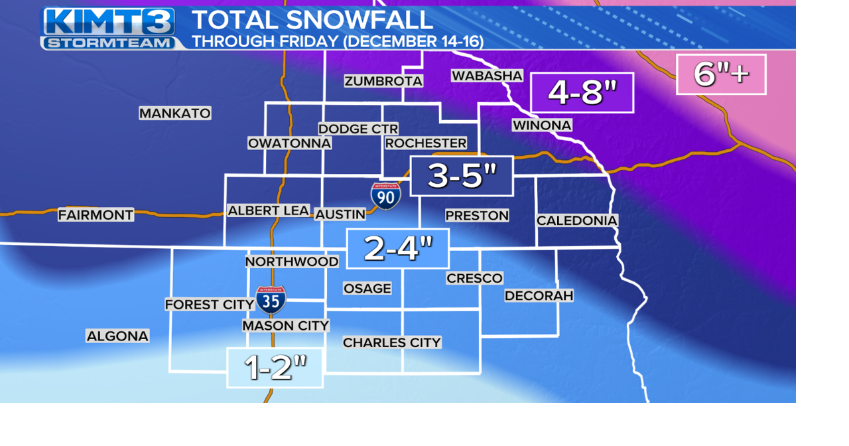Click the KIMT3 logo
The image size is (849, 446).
click(109, 29)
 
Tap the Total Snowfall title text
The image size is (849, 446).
click(312, 20)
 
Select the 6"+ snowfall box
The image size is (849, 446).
click(721, 74)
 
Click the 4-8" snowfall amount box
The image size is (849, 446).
click(582, 93)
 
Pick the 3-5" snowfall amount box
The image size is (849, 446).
click(462, 176)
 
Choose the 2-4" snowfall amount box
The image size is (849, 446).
click(398, 249)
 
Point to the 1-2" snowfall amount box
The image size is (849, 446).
click(275, 368)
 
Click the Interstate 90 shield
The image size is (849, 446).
click(385, 196)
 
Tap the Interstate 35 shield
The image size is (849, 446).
click(271, 300)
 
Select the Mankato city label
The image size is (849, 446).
click(175, 113)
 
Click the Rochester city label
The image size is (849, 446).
click(426, 143)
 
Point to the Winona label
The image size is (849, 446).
click(542, 125)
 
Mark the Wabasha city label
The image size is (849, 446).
click(487, 76)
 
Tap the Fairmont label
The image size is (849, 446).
click(96, 215)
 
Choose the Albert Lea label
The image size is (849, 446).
click(269, 210)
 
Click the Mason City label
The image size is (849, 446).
click(285, 326)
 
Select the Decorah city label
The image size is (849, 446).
click(539, 295)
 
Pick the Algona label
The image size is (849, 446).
click(117, 336)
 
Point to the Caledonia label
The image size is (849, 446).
click(577, 220)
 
